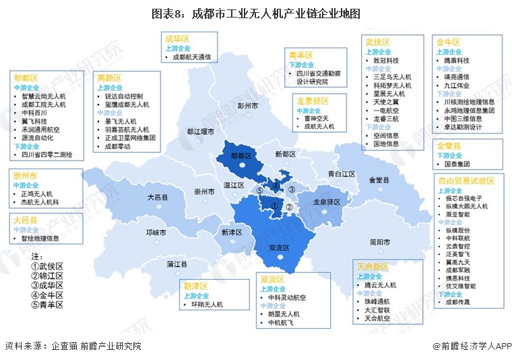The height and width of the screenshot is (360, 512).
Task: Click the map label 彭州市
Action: [249, 107]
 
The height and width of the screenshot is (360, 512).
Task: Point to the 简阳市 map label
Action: [381, 242]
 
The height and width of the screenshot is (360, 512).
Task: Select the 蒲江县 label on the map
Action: [179, 263]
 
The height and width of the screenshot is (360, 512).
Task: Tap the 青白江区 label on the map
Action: [342, 173]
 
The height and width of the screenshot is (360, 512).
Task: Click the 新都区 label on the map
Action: [286, 154]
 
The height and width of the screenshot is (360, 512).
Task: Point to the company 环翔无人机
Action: [208, 305]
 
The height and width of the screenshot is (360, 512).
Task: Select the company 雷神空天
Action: [317, 117]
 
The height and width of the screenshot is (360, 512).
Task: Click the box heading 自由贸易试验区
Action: [466, 181]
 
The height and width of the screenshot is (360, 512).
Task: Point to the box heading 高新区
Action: [109, 78]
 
